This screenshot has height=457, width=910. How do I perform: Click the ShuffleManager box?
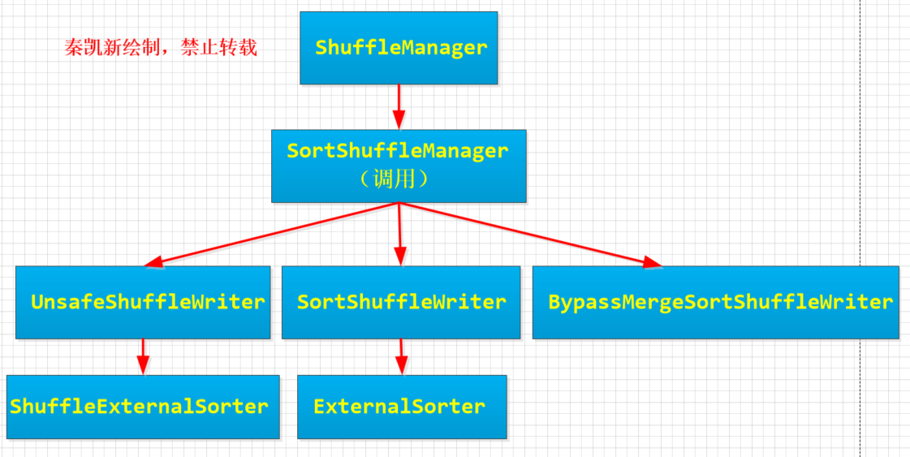(x=399, y=48)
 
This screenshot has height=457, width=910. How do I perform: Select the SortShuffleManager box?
(x=399, y=166)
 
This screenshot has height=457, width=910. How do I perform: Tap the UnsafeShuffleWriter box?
(x=143, y=302)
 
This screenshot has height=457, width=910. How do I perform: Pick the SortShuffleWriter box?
(x=401, y=302)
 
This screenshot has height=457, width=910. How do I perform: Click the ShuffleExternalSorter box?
(x=143, y=407)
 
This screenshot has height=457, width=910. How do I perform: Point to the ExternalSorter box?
(x=402, y=407)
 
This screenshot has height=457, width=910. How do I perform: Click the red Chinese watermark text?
(x=161, y=48)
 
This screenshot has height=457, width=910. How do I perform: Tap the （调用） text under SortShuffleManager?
(x=394, y=179)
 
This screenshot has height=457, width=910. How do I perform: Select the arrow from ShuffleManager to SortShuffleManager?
(x=399, y=107)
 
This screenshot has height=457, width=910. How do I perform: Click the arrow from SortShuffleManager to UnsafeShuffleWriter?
(x=271, y=235)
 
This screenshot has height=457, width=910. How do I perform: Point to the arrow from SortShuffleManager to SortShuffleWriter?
(x=399, y=234)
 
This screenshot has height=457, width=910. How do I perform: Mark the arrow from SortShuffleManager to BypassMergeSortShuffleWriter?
(x=530, y=235)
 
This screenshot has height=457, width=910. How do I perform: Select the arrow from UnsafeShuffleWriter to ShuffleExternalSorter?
(x=142, y=356)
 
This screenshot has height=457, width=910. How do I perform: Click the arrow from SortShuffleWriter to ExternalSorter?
(x=400, y=356)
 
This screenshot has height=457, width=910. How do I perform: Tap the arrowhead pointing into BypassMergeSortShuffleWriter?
(x=653, y=263)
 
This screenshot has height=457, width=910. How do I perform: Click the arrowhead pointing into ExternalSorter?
(x=400, y=366)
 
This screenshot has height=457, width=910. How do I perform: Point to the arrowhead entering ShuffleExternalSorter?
(x=142, y=366)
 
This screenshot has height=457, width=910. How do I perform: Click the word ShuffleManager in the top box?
(x=401, y=48)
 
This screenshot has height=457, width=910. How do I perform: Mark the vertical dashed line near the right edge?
(x=860, y=228)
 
